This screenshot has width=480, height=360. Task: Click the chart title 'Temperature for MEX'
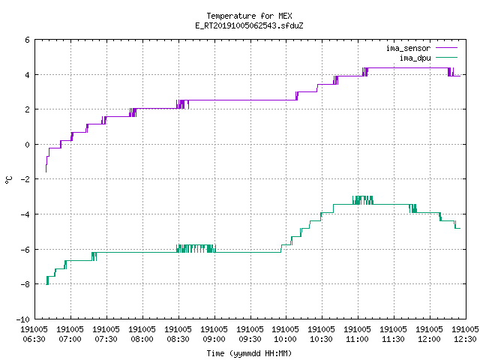[249, 16]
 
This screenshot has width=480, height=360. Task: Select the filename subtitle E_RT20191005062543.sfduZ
[249, 25]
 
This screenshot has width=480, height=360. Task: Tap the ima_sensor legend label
[408, 48]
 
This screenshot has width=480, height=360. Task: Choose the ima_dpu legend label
[415, 58]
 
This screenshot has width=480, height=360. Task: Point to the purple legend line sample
[447, 48]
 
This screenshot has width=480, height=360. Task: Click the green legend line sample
[447, 57]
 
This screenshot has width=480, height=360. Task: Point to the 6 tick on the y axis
[28, 40]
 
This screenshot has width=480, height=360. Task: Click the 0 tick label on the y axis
[28, 145]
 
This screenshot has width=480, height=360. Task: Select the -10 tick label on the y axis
[23, 319]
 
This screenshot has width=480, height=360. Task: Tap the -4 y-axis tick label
[25, 214]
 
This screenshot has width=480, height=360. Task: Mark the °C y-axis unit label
[8, 180]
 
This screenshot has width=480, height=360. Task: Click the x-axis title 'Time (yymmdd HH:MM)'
[249, 353]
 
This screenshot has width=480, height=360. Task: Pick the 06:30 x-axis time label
[34, 339]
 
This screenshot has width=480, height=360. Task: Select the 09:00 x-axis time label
[214, 339]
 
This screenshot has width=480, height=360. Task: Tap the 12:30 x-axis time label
[465, 339]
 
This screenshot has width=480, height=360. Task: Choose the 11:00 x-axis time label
[357, 339]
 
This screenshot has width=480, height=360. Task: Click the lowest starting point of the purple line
[46, 172]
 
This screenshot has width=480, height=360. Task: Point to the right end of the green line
[460, 228]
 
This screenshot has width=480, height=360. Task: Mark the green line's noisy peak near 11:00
[363, 200]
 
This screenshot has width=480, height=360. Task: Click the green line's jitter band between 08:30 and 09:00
[196, 248]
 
